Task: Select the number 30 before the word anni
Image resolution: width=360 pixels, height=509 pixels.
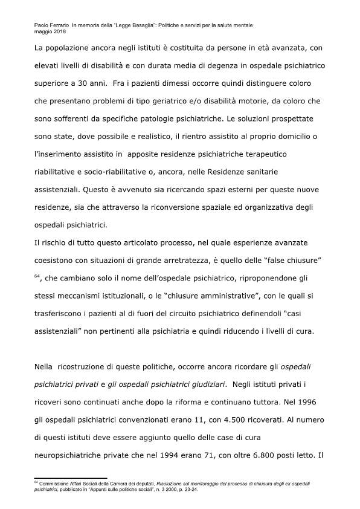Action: click(x=93, y=80)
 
